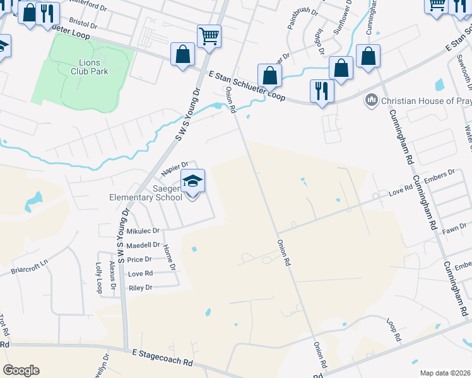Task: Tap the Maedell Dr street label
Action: click(143, 245)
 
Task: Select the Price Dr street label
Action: click(139, 260)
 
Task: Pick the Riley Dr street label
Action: click(140, 288)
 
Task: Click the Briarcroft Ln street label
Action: click(29, 267)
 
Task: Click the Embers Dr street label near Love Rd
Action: click(442, 175)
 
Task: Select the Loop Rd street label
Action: click(394, 329)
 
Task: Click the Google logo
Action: click(21, 370)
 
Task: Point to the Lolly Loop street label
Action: click(98, 278)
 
